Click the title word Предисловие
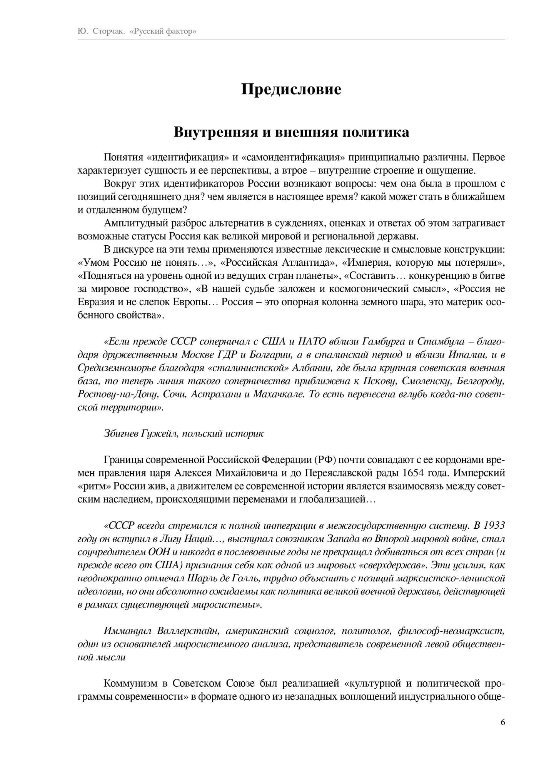click(291, 90)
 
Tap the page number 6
click(503, 722)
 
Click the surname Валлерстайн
click(188, 631)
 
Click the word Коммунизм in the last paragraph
click(131, 684)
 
